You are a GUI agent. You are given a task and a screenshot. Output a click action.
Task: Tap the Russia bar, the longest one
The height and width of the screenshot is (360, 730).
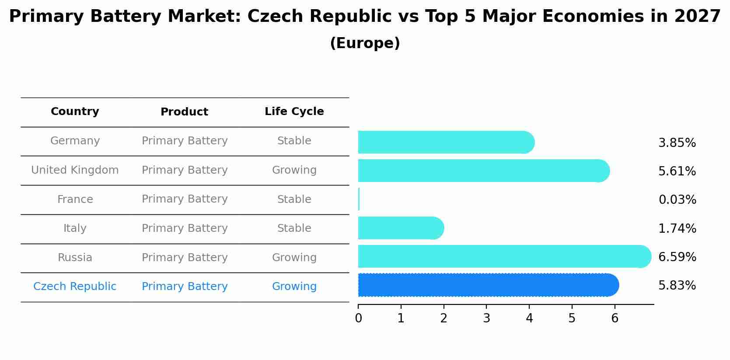(x=503, y=256)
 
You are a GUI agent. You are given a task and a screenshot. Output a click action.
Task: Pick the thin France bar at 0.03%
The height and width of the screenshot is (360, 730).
(x=359, y=199)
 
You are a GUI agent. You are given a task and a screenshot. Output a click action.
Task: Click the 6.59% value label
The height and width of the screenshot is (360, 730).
(x=677, y=257)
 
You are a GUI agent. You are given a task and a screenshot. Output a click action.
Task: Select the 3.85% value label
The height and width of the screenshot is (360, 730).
(x=677, y=143)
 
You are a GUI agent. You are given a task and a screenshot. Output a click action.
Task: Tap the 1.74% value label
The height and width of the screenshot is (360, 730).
(x=677, y=228)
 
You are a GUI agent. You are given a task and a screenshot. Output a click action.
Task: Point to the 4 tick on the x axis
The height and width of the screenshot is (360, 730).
(x=529, y=318)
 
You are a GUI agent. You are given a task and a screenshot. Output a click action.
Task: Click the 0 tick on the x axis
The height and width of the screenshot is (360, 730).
(x=358, y=318)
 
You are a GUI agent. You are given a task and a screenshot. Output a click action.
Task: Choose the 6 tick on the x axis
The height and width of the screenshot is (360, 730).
(x=615, y=318)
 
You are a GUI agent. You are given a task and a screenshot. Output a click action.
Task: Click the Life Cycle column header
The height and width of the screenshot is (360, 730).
(x=294, y=112)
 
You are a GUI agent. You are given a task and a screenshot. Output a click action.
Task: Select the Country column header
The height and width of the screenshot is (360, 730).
(x=75, y=112)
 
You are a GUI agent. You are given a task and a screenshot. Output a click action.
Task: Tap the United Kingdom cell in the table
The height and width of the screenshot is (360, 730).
(x=75, y=170)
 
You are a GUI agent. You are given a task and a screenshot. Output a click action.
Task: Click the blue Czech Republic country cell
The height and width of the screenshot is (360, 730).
(x=75, y=287)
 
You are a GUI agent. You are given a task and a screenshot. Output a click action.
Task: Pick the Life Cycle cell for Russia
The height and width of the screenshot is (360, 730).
(x=294, y=258)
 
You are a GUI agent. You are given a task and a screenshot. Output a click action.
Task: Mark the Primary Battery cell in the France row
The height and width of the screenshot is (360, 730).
(x=185, y=199)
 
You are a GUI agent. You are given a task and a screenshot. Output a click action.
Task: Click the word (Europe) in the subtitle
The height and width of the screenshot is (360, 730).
(x=365, y=43)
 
